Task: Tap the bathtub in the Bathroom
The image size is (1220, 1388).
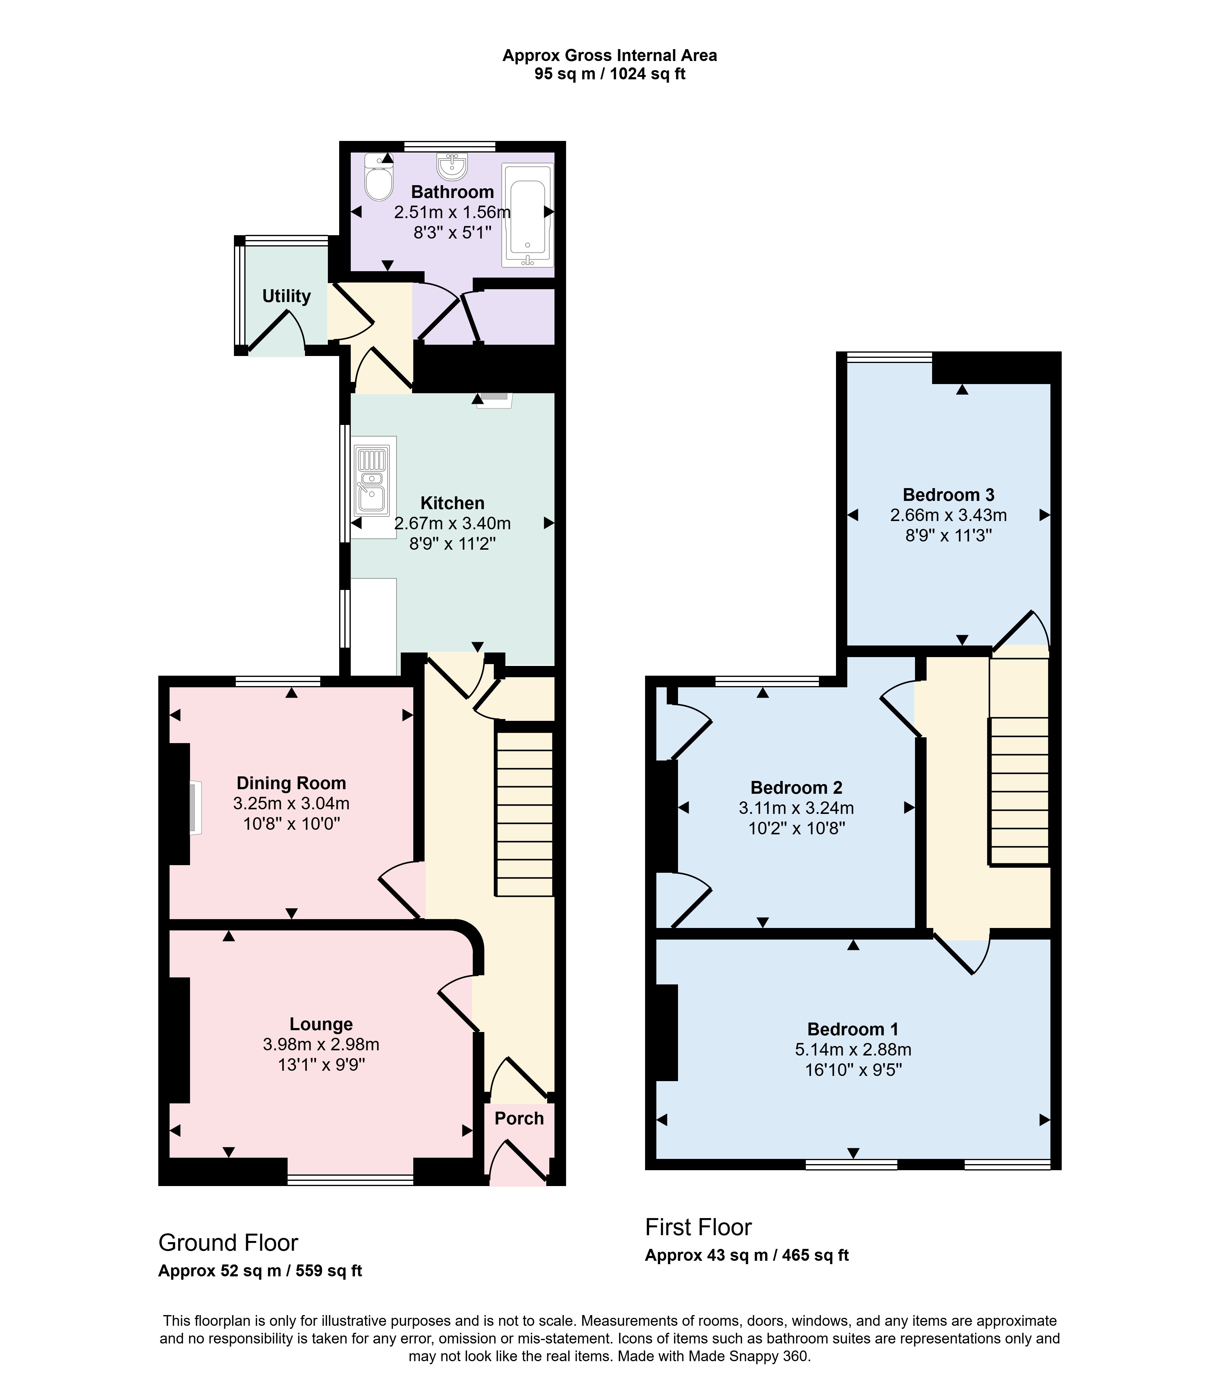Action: (528, 214)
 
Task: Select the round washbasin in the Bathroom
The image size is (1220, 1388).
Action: (452, 165)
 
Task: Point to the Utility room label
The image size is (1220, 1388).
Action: (286, 296)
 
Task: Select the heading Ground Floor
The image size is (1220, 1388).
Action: (228, 1243)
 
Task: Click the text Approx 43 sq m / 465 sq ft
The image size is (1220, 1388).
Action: (747, 1255)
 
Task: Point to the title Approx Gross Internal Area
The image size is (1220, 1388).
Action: (610, 56)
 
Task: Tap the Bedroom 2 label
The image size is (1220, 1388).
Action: (796, 788)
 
